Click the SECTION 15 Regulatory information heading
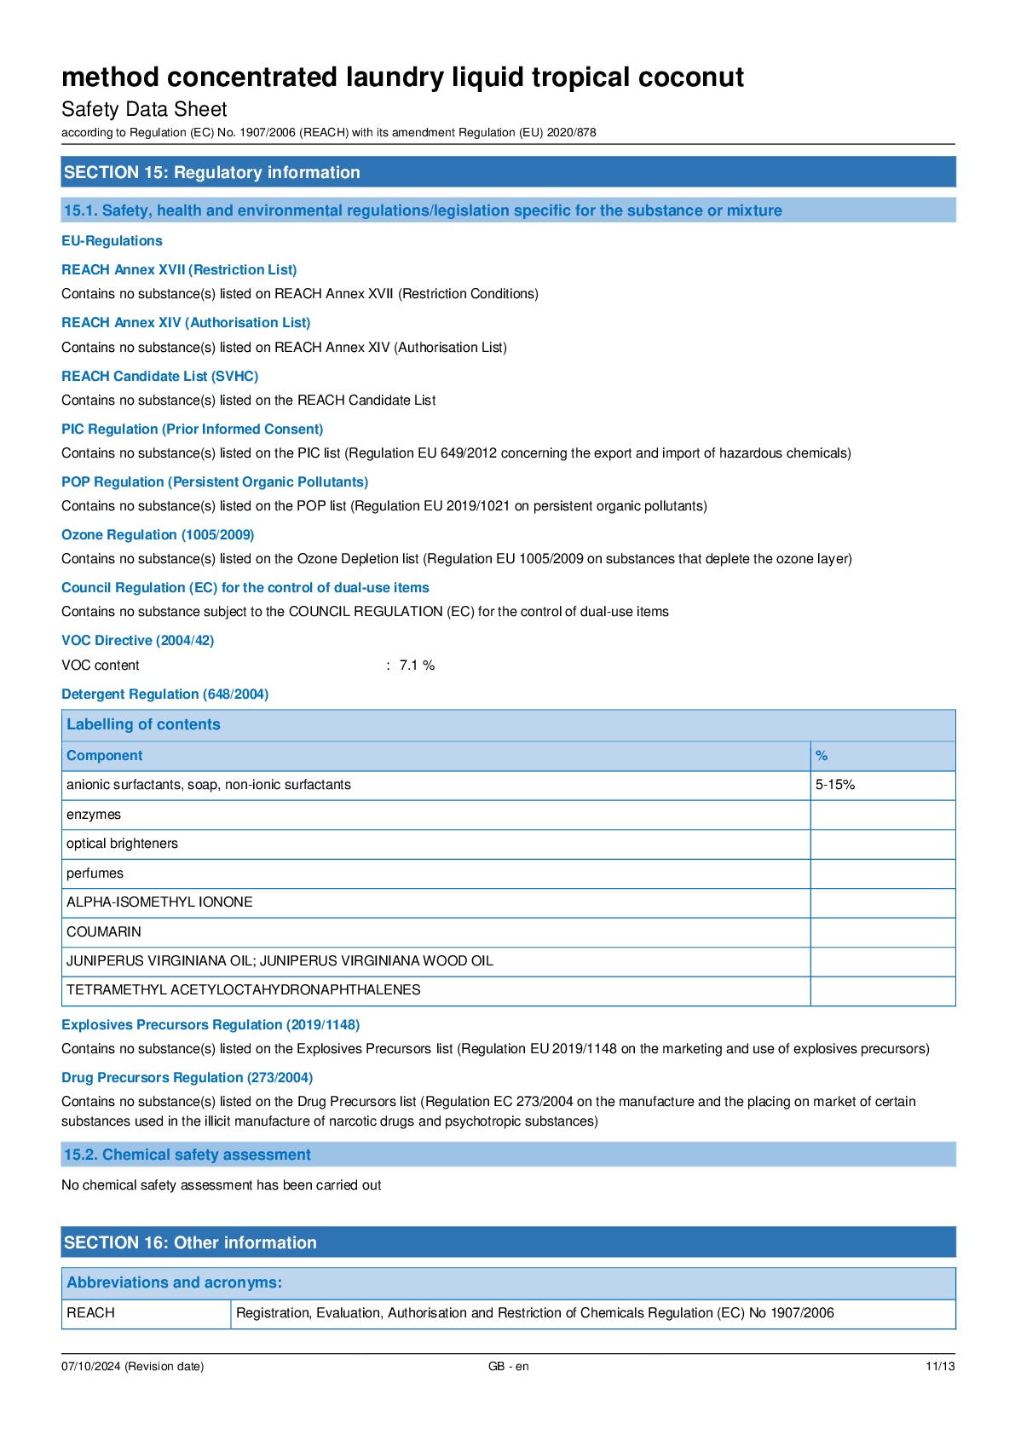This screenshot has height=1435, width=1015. point(212,172)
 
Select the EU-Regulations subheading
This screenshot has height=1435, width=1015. point(112,241)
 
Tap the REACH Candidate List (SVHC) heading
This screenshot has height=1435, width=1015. point(159,376)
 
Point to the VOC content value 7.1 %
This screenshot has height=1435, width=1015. point(417,666)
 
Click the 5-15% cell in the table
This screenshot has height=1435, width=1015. point(835,785)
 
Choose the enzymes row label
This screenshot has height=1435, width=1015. point(94,815)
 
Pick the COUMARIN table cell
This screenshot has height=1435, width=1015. point(104,931)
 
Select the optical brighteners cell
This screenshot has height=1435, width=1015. point(122,844)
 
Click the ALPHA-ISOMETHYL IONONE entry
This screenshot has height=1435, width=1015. point(159,902)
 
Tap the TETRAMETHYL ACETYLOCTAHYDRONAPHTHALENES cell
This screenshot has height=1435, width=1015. point(244,990)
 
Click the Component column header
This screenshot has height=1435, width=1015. point(105,756)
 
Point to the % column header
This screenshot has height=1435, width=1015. point(822,756)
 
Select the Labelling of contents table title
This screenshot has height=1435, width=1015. point(143,724)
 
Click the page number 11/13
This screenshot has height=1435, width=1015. point(940,1366)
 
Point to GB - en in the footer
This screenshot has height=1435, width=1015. point(508,1366)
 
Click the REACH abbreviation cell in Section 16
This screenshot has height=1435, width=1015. point(90,1313)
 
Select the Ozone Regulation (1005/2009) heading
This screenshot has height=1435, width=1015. point(158,535)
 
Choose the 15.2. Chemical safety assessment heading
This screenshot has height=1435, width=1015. point(187,1155)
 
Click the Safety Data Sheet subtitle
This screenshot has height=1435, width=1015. point(144,109)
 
